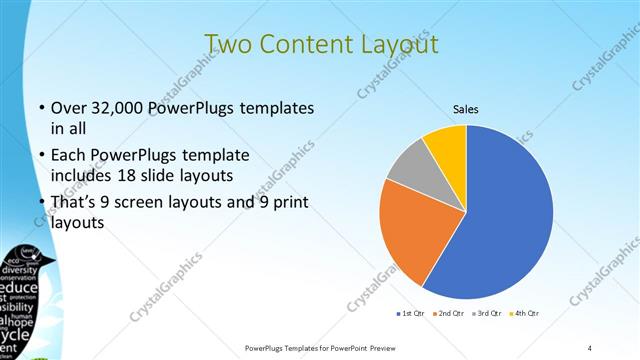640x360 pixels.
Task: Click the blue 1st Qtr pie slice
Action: tap(500, 220)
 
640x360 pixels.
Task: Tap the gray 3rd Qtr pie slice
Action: tap(408, 167)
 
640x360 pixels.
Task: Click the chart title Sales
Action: tap(466, 107)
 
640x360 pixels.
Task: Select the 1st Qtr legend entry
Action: tap(410, 314)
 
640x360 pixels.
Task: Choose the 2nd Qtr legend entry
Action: tap(449, 314)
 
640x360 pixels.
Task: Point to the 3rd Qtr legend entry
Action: tap(488, 314)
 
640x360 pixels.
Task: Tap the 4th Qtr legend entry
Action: tap(527, 314)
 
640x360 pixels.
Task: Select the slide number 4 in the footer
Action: tap(590, 347)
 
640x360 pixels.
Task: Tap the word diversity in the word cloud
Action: tap(20, 270)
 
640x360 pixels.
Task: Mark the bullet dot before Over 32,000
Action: tap(40, 108)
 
